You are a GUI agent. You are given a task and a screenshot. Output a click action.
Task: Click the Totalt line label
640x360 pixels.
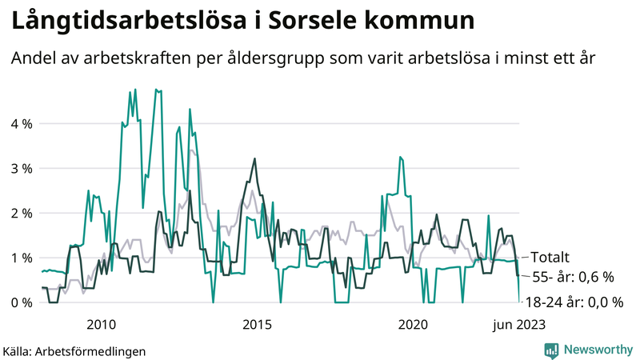pos(550,258)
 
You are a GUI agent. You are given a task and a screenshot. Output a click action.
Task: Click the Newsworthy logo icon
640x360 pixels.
pos(552,350)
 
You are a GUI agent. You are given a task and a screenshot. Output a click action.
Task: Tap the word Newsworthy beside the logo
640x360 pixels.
pos(596,350)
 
